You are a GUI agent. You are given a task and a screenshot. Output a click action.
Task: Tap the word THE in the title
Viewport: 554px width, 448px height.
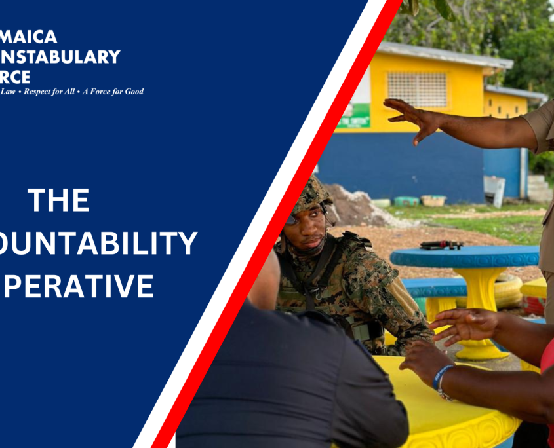(59, 200)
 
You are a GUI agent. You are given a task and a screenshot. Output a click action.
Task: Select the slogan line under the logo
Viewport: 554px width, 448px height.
(72, 92)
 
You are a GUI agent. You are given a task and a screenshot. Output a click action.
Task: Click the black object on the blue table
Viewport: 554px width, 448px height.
(441, 245)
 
